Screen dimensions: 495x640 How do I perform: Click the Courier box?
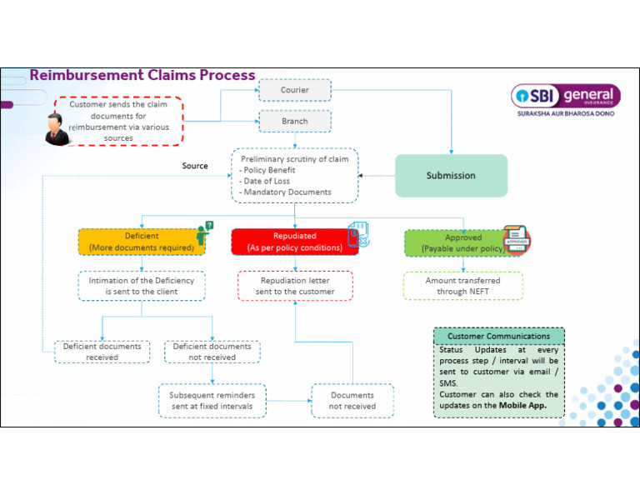click(294, 90)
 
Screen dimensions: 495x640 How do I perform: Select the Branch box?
click(294, 121)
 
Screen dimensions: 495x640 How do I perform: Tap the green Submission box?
click(451, 176)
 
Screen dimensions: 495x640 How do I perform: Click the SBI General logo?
click(563, 100)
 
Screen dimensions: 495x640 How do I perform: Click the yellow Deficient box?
click(142, 242)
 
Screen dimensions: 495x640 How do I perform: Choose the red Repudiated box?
click(294, 242)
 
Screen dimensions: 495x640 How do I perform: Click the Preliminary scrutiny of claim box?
click(294, 175)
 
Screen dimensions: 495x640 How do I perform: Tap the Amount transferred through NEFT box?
click(462, 286)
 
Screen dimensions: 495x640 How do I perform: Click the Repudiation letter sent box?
click(295, 286)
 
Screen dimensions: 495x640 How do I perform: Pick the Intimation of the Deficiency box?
click(142, 286)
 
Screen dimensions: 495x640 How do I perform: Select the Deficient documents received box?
click(102, 352)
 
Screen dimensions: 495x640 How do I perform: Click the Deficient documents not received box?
click(212, 352)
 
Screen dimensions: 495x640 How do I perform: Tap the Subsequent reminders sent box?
click(212, 401)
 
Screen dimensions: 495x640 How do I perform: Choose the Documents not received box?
click(352, 401)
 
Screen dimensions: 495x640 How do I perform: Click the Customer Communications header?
click(498, 337)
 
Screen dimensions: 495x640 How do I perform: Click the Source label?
click(195, 166)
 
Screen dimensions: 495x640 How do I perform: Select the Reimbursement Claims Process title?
click(142, 75)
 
